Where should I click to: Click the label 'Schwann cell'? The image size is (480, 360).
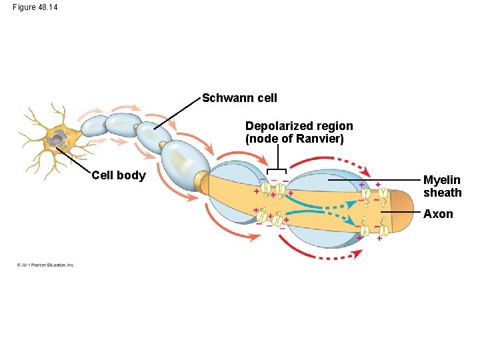coord(239,98)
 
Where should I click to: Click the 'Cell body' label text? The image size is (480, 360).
coord(118,175)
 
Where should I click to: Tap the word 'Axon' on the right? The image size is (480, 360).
coord(438,214)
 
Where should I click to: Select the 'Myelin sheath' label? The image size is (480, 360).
coord(442,187)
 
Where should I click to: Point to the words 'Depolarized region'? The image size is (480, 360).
coord(299,126)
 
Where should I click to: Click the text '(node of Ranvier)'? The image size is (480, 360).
coord(294,139)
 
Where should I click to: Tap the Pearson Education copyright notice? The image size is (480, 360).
coord(45,265)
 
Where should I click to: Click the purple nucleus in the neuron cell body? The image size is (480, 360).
coord(59,138)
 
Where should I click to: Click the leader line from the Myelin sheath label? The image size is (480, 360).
coord(373,180)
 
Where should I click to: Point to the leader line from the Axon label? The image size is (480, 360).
coord(400,212)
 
